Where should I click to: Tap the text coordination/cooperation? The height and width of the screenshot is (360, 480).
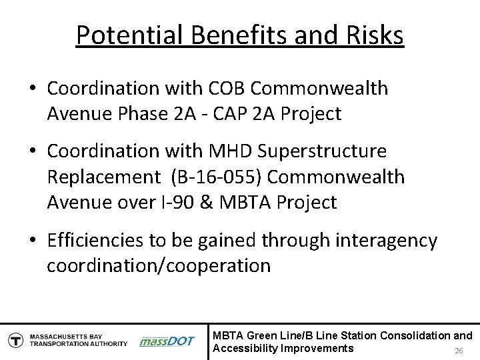coord(159,265)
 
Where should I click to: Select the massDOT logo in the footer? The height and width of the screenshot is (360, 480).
coord(167,340)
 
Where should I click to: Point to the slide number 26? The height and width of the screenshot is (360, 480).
coord(458,351)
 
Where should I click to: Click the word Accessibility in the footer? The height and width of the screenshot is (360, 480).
coord(243,348)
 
